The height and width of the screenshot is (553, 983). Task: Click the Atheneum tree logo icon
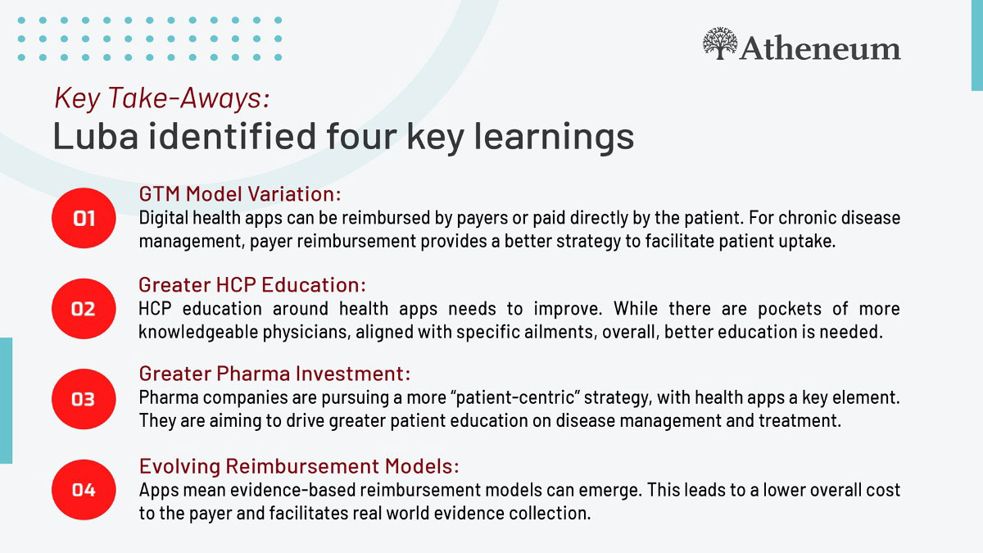(x=720, y=43)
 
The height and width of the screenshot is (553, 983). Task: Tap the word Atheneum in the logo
(x=821, y=48)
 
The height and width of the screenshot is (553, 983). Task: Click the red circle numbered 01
(x=84, y=218)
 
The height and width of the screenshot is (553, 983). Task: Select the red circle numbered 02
(x=84, y=309)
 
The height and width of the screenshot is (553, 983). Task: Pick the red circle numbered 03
(x=84, y=399)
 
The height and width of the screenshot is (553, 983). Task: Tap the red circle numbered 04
(x=84, y=490)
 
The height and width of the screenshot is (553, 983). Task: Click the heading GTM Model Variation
(x=240, y=194)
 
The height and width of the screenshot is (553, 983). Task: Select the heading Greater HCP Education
(x=252, y=285)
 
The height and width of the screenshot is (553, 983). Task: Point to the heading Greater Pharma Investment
(x=274, y=374)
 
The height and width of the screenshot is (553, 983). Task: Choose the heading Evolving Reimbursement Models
(x=299, y=466)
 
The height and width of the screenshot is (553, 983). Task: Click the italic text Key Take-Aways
(x=162, y=97)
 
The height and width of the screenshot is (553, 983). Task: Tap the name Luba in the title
(x=96, y=136)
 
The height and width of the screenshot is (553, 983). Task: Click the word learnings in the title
(x=555, y=138)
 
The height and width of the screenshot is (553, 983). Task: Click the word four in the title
(x=361, y=136)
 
